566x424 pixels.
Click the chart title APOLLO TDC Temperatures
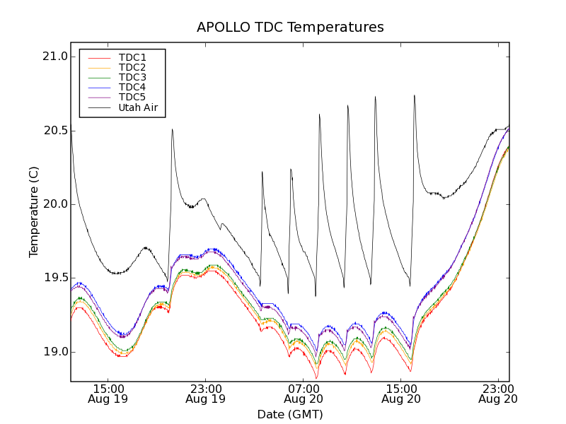point(290,28)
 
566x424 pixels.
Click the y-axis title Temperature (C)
point(34,212)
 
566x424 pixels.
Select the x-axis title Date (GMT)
point(290,414)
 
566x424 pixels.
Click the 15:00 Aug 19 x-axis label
point(108,393)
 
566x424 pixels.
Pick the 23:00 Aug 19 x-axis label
point(205,393)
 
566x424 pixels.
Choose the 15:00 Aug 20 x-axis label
point(400,393)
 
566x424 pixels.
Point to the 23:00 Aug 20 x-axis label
point(498,393)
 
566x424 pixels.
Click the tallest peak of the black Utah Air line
point(415,95)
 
